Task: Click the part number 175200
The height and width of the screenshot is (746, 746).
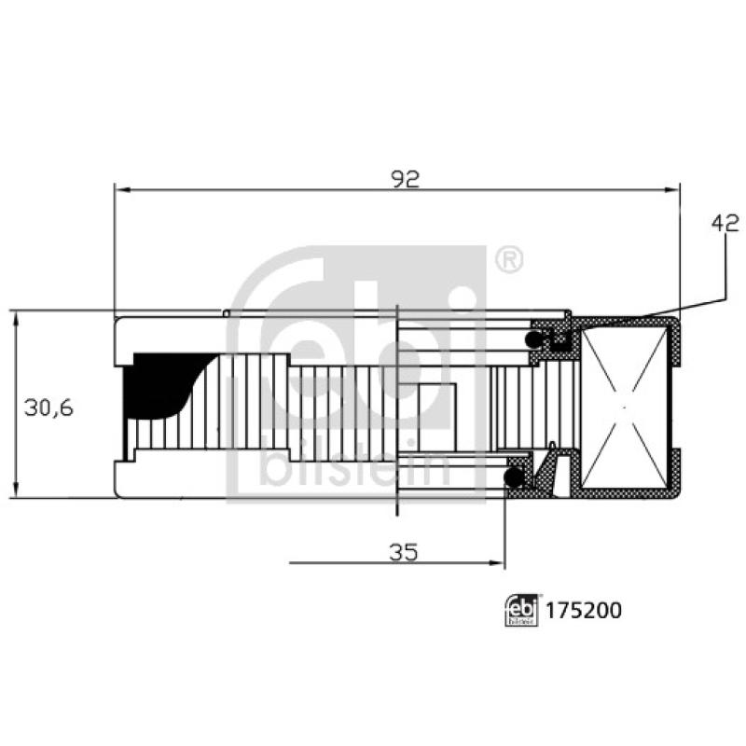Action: tap(584, 611)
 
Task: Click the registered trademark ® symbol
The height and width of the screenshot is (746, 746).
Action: tap(508, 260)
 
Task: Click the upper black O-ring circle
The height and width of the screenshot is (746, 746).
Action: tap(536, 337)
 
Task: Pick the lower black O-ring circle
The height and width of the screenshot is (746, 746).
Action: tap(513, 477)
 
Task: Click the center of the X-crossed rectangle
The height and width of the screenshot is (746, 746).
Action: tap(625, 408)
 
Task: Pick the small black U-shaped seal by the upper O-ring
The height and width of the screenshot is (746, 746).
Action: tap(560, 340)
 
